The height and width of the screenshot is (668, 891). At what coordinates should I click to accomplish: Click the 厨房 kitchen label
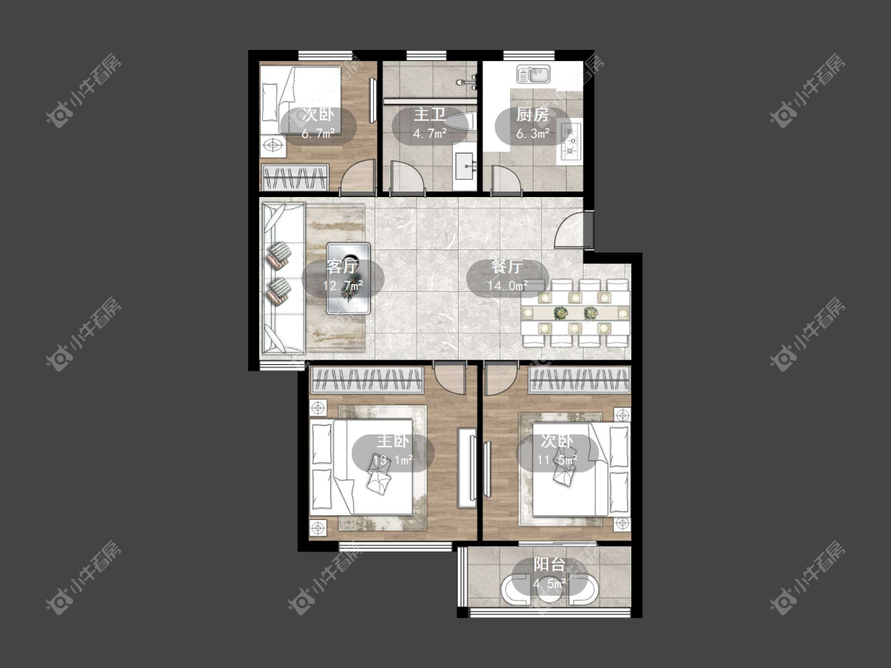click(532, 115)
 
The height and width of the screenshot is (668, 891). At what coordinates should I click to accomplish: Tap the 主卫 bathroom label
click(429, 115)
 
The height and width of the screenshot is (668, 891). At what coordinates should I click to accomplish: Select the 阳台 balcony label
click(550, 564)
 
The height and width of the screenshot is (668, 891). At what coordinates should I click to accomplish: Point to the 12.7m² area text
click(343, 285)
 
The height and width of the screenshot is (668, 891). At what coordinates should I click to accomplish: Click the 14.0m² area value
click(508, 285)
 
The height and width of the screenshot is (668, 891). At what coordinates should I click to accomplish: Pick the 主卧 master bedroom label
click(393, 442)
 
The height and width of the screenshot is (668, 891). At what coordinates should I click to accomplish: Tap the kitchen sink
click(533, 74)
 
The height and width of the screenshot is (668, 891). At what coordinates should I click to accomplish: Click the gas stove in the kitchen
click(570, 140)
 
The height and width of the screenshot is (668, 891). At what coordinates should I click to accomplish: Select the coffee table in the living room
click(348, 279)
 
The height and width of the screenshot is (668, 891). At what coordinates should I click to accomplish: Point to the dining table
click(575, 313)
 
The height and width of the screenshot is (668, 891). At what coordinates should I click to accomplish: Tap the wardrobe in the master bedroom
click(367, 381)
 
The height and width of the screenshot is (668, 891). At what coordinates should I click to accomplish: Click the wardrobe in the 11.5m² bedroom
click(579, 380)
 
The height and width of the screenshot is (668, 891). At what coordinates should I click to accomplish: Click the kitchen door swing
click(506, 178)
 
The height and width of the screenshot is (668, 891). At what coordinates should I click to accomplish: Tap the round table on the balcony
click(549, 590)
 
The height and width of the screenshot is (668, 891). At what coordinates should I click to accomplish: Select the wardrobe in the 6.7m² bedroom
click(295, 178)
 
